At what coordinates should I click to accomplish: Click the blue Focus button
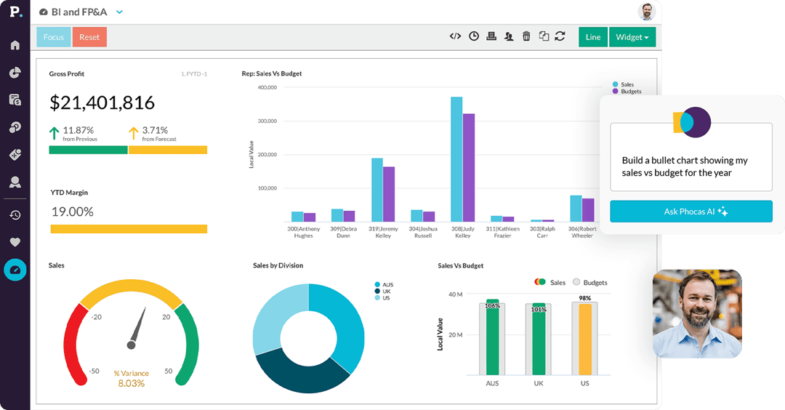click(x=53, y=37)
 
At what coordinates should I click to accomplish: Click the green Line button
click(x=592, y=37)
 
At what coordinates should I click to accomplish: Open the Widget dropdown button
click(x=632, y=37)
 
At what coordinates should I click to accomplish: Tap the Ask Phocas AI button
click(x=691, y=212)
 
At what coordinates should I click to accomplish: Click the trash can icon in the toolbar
click(x=526, y=36)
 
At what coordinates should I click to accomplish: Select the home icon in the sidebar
click(x=15, y=45)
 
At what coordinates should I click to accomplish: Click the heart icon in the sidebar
click(x=15, y=242)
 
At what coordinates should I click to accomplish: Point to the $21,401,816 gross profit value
click(x=102, y=103)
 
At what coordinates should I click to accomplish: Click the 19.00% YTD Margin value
click(x=72, y=212)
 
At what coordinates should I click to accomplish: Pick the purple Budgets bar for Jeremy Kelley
click(x=389, y=193)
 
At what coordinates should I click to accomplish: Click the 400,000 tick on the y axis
click(x=267, y=87)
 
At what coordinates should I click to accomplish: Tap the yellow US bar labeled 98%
click(x=584, y=338)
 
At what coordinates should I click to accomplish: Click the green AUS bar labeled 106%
click(x=492, y=338)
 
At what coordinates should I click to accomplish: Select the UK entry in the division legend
click(x=386, y=291)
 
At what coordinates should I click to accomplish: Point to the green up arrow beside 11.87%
click(x=55, y=133)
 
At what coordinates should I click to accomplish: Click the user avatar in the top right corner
click(x=646, y=12)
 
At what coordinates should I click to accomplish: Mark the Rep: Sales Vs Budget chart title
click(x=272, y=73)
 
